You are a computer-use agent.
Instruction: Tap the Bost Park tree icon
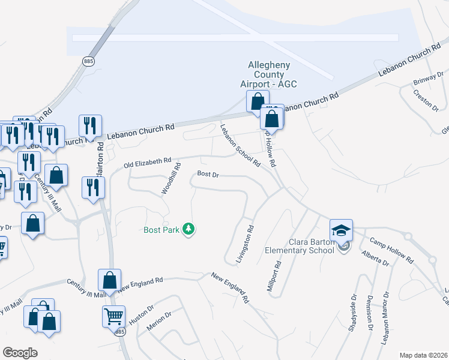[189, 229]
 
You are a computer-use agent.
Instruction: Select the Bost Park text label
[161, 229]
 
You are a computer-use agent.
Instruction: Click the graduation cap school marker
[340, 230]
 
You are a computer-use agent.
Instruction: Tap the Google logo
[20, 353]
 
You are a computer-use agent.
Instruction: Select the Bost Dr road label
[207, 175]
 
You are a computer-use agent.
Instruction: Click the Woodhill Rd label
[170, 178]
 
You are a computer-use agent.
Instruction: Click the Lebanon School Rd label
[240, 146]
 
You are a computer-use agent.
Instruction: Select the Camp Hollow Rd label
[391, 250]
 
